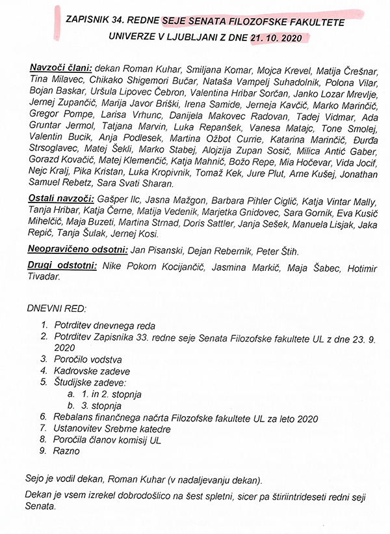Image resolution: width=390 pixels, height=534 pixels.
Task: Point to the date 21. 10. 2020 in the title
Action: [x=276, y=38]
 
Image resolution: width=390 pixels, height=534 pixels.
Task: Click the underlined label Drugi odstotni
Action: [x=62, y=264]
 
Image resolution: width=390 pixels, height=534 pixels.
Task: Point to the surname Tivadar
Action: [x=51, y=276]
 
